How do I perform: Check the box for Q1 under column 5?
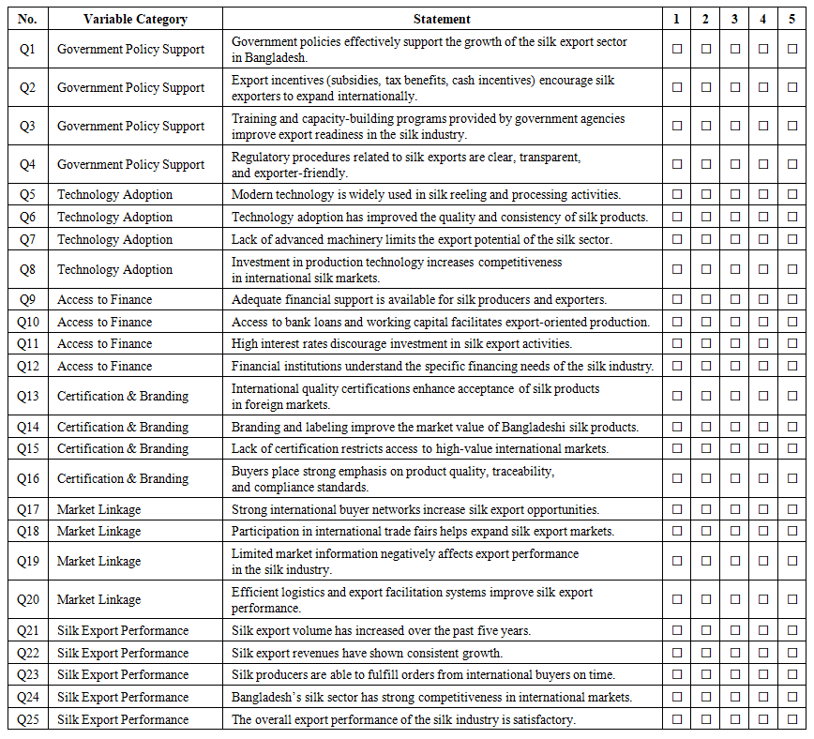[x=792, y=49]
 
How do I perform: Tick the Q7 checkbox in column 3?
[x=735, y=239]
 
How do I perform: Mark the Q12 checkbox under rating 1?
[x=677, y=366]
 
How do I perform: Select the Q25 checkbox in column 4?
[x=763, y=719]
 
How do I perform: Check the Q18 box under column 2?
[x=706, y=531]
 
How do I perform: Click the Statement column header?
[x=442, y=19]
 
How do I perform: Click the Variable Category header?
[x=135, y=19]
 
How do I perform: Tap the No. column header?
[x=27, y=19]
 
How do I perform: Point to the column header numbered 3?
[x=735, y=19]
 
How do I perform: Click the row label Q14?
[x=27, y=427]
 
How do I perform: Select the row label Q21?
[x=27, y=630]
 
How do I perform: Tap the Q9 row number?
[x=27, y=299]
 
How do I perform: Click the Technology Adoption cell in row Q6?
[x=115, y=217]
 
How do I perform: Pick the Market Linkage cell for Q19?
[x=99, y=561]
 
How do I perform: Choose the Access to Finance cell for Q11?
[x=105, y=343]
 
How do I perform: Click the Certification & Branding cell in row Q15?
[x=123, y=448]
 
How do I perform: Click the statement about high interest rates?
[x=401, y=343]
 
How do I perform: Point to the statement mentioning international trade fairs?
[x=423, y=531]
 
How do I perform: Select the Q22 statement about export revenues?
[x=367, y=653]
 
